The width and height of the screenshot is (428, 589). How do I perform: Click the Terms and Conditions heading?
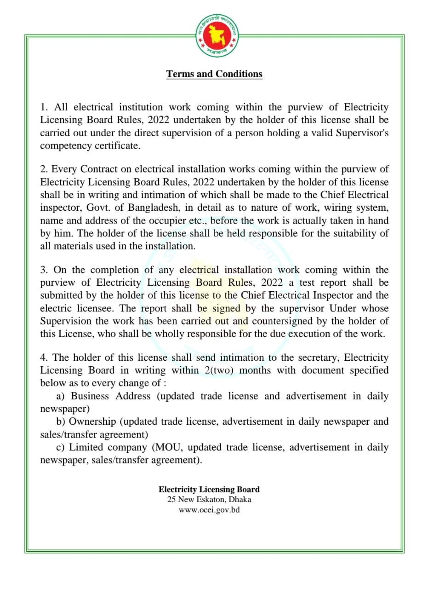coord(214,74)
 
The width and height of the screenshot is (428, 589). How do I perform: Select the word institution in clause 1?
coord(141,107)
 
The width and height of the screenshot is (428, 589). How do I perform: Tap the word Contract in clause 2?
coord(97,169)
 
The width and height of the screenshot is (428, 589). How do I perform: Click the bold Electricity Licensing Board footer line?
coord(209,490)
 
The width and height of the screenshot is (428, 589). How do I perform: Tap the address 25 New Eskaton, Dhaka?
coord(209,499)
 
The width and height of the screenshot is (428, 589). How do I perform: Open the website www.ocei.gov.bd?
coord(209,510)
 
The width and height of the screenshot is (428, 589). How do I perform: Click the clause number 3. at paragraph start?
coord(44,270)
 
